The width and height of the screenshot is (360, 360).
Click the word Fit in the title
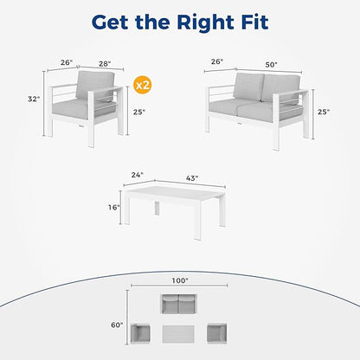(254, 22)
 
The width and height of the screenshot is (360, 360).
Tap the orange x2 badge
(143, 85)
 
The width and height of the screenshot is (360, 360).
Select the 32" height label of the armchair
(34, 99)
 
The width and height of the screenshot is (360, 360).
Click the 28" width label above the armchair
(105, 64)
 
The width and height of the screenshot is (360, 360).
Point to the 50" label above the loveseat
(271, 65)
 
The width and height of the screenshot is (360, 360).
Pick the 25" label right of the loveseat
(324, 112)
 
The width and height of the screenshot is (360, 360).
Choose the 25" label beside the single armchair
(139, 112)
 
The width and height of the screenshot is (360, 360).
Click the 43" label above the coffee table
(192, 178)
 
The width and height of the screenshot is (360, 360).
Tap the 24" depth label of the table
(137, 175)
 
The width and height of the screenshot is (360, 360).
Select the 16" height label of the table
(114, 207)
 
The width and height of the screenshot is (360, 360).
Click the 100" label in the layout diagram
(180, 280)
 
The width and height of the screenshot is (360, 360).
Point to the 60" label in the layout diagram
(117, 325)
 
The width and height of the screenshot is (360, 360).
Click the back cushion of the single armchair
(95, 86)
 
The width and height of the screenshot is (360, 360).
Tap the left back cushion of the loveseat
(248, 87)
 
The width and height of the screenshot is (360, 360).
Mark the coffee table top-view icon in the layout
(178, 334)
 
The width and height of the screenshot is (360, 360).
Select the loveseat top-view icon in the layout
(179, 304)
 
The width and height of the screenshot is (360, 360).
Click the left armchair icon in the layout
(140, 334)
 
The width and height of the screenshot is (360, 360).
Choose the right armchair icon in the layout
(217, 334)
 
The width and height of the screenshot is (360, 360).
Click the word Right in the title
(205, 22)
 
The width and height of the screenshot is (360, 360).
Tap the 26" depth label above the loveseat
(217, 61)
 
